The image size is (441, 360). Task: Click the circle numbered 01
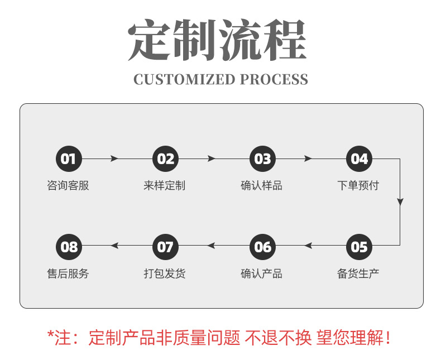pyautogui.click(x=69, y=159)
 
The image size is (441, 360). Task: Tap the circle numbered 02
pyautogui.click(x=166, y=159)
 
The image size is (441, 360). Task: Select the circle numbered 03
pyautogui.click(x=262, y=159)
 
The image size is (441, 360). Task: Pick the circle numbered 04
pyautogui.click(x=359, y=159)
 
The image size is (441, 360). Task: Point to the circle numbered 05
pyautogui.click(x=359, y=246)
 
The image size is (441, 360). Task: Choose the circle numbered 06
pyautogui.click(x=262, y=246)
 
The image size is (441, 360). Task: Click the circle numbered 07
pyautogui.click(x=166, y=246)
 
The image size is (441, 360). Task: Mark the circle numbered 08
pyautogui.click(x=69, y=246)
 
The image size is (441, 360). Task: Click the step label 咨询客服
pyautogui.click(x=68, y=186)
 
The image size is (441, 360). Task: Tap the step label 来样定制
pyautogui.click(x=165, y=186)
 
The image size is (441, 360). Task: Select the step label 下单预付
pyautogui.click(x=358, y=186)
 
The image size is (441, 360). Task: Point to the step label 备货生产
pyautogui.click(x=358, y=273)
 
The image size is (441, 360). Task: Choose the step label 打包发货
pyautogui.click(x=165, y=273)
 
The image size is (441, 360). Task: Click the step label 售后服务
pyautogui.click(x=68, y=273)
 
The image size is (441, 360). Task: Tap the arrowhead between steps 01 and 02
pyautogui.click(x=114, y=159)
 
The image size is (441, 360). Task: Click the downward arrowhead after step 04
pyautogui.click(x=400, y=202)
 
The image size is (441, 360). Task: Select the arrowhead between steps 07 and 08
pyautogui.click(x=114, y=246)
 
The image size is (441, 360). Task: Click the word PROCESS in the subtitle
pyautogui.click(x=274, y=80)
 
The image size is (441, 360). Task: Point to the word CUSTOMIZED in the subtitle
pyautogui.click(x=184, y=80)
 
